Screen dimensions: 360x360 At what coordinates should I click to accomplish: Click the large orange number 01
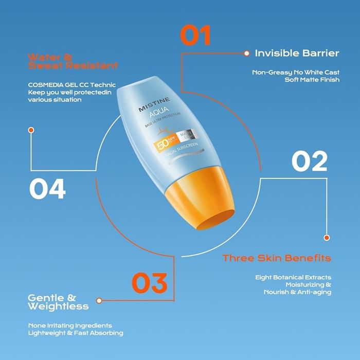[195, 36]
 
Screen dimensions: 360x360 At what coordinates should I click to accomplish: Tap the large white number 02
[309, 161]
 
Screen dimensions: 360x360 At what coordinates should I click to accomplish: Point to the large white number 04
[47, 189]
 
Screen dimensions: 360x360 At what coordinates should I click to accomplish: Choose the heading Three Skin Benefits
[276, 258]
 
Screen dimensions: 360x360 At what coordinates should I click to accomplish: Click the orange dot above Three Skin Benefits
[327, 238]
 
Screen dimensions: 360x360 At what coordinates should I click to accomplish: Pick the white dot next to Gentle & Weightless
[99, 300]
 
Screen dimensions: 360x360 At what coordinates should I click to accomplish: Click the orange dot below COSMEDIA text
[31, 130]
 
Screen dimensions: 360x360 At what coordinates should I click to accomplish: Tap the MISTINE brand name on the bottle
[150, 109]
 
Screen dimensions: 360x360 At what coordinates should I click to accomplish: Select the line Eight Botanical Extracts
[293, 277]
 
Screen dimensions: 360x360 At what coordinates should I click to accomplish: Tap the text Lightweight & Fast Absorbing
[75, 333]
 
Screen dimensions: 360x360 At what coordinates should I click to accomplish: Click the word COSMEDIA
[48, 85]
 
